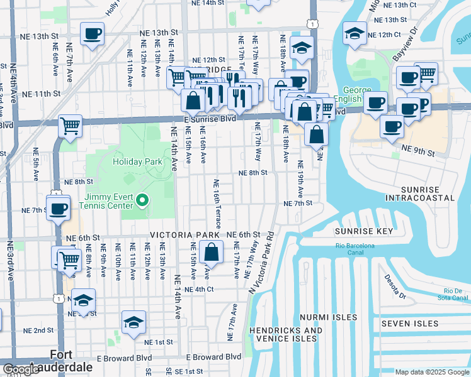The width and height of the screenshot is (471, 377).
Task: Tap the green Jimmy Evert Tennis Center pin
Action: tap(142, 201)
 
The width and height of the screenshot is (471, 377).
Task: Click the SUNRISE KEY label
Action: tap(363, 231)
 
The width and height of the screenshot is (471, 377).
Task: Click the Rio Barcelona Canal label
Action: tap(359, 249)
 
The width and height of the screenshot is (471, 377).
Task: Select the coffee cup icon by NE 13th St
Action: tap(92, 33)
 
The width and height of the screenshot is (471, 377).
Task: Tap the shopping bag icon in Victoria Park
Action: tap(212, 253)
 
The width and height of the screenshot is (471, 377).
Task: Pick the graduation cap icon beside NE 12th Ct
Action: tap(355, 33)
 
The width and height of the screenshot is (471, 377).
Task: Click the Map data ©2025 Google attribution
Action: tap(432, 372)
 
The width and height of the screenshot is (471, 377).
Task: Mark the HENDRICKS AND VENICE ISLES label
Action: tap(286, 334)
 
